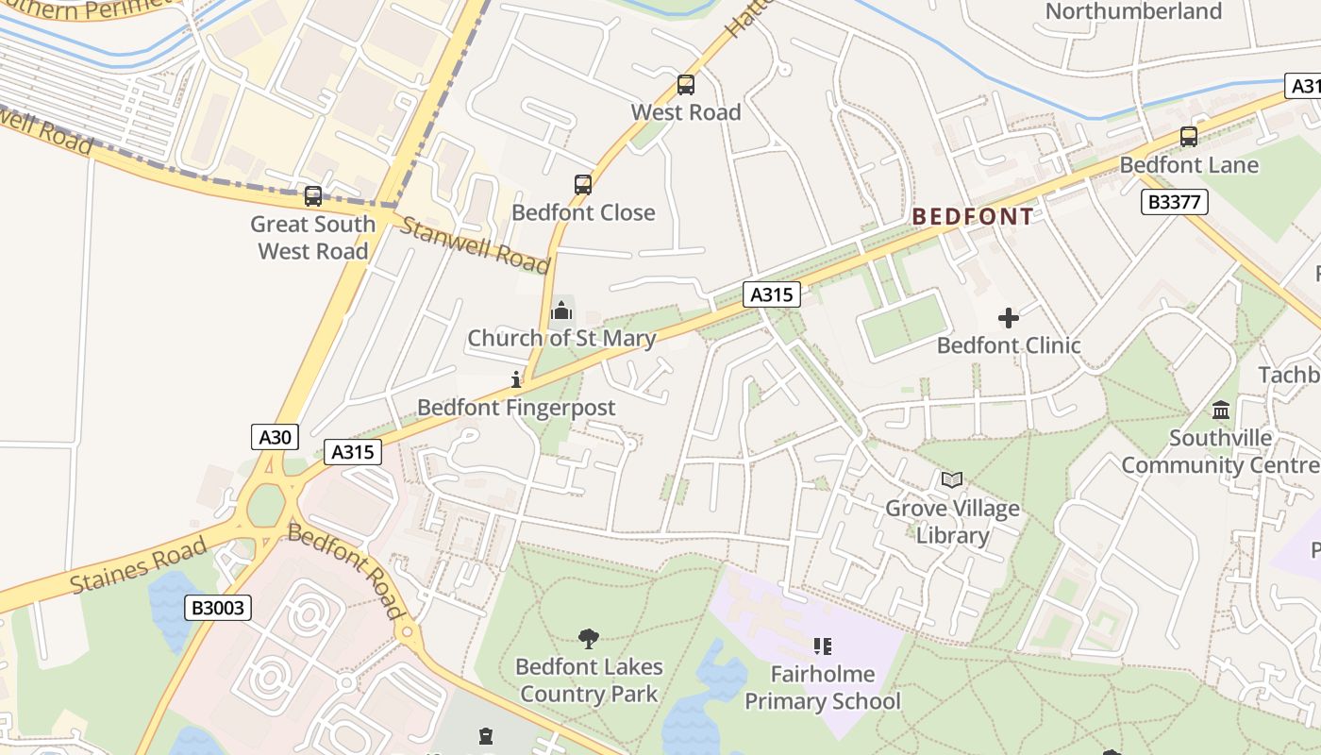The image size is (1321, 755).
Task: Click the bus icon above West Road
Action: tap(686, 85)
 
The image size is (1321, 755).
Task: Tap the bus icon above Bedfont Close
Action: tap(583, 185)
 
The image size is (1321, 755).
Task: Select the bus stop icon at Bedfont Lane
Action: tap(1189, 137)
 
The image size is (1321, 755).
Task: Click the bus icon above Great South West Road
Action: tap(313, 196)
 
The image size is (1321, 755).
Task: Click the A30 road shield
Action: tap(276, 437)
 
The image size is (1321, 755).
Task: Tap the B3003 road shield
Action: tap(218, 608)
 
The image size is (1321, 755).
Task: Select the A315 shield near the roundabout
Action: tap(353, 452)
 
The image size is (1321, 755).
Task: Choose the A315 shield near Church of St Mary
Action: tap(771, 294)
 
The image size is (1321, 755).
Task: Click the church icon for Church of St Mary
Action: tap(561, 310)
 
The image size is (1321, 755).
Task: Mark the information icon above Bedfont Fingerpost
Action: tap(516, 379)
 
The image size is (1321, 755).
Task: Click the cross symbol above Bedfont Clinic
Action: tap(1009, 318)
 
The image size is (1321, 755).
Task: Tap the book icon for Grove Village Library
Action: tap(952, 480)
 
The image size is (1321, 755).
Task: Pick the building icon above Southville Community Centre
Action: tap(1221, 411)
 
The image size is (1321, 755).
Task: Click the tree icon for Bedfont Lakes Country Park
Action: tap(589, 639)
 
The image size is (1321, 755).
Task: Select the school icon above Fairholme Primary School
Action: tap(823, 646)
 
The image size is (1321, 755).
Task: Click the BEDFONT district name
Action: tap(973, 217)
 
